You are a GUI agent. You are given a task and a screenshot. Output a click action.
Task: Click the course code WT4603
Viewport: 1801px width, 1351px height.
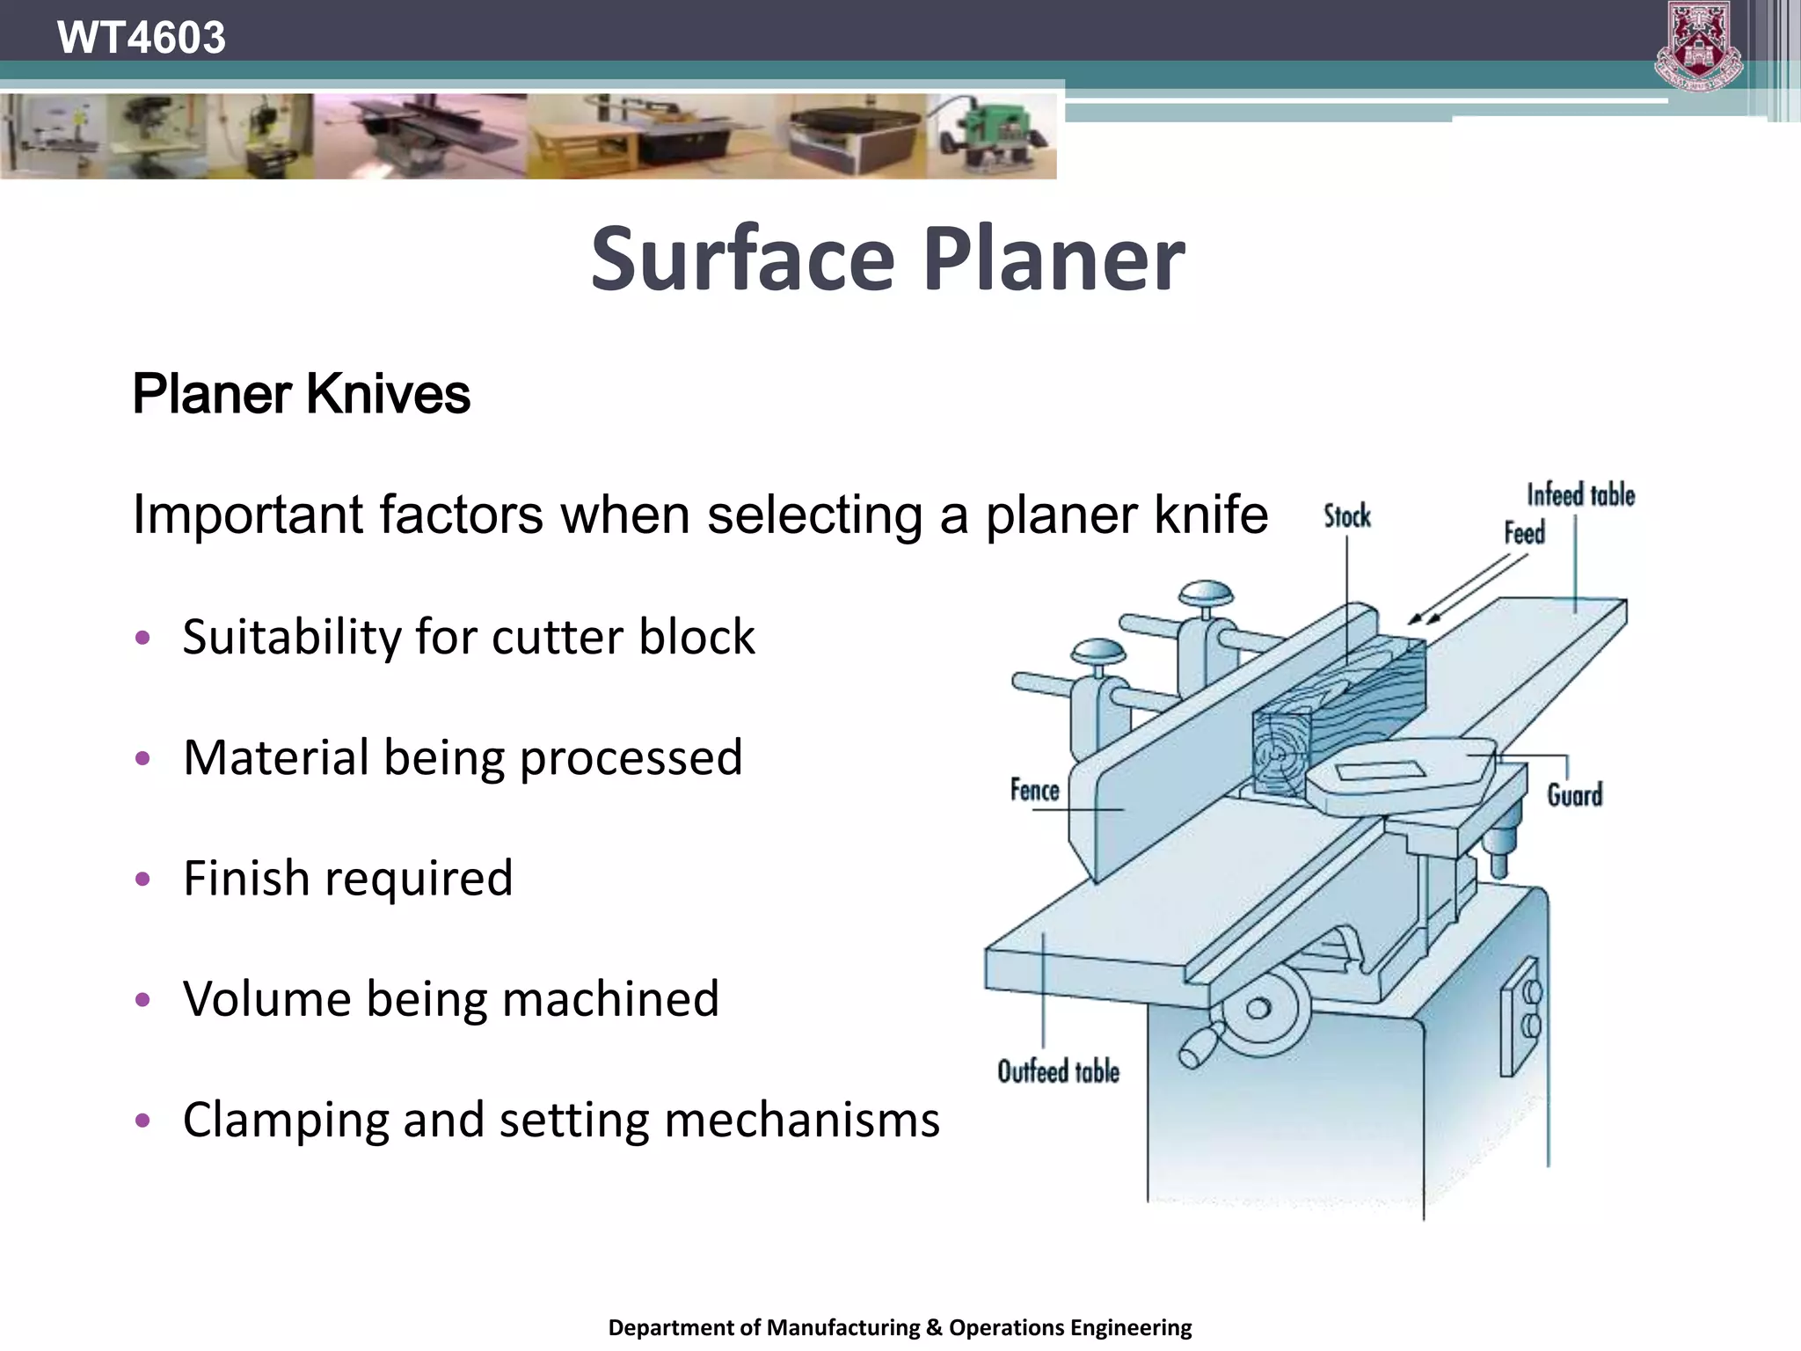(x=141, y=37)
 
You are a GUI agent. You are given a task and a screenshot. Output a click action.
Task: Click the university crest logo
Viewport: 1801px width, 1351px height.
(x=1698, y=46)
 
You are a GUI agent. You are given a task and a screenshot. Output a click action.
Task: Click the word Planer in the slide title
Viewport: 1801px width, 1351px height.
(x=1054, y=259)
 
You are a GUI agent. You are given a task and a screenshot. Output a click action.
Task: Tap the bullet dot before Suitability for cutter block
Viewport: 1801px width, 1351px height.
(x=143, y=637)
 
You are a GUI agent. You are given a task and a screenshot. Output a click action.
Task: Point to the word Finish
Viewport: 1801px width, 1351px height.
(x=245, y=878)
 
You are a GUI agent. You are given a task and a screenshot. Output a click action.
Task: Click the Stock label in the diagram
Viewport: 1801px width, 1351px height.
(x=1346, y=516)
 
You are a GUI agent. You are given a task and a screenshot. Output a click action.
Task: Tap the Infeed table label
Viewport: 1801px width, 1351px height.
(x=1580, y=495)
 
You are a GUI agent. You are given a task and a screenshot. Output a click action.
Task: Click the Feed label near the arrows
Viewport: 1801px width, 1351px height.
(x=1524, y=533)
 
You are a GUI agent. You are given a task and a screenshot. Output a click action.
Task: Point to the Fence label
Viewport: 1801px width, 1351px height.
(x=1034, y=790)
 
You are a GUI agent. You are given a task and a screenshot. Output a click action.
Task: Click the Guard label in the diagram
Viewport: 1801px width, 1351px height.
(x=1574, y=795)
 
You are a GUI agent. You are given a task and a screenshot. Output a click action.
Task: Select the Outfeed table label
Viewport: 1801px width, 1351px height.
(x=1058, y=1071)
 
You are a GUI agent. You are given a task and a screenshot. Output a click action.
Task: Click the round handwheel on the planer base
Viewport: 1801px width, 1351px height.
(x=1258, y=1010)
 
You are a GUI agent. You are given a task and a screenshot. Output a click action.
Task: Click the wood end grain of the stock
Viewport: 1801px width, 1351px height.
(x=1280, y=753)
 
